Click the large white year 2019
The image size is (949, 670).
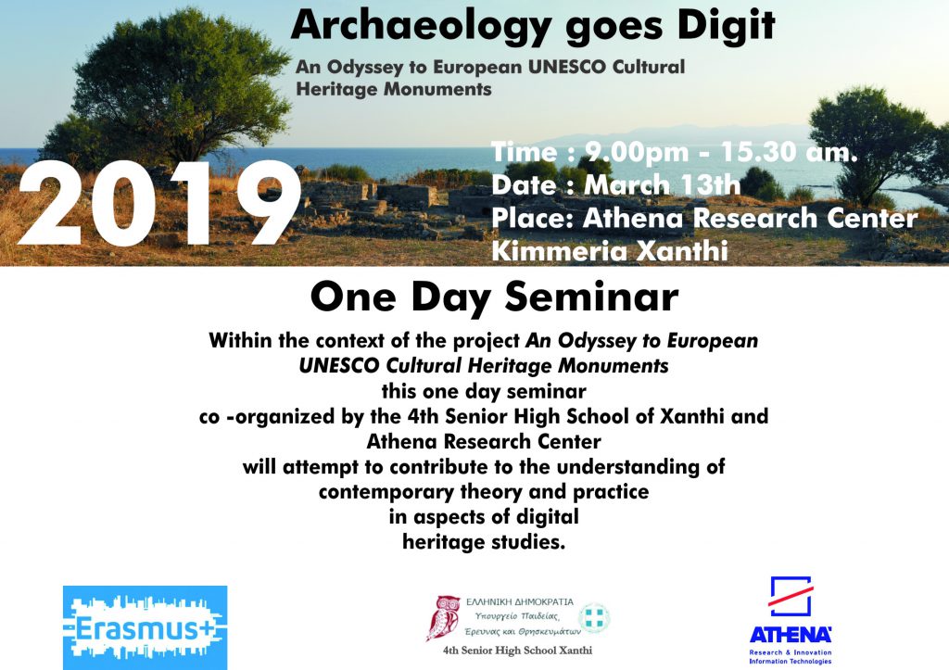pos(159,204)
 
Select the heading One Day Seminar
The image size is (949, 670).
pos(494,297)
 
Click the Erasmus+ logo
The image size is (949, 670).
pos(145,627)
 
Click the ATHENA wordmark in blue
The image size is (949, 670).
pos(791,635)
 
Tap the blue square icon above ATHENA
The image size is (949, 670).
pos(791,596)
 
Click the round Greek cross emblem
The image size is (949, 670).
pos(594,618)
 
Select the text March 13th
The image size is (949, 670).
pos(662,184)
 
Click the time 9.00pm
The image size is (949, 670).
pos(637,152)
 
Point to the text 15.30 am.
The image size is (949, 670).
pos(790,152)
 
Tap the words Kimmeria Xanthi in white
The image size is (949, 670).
pos(610,251)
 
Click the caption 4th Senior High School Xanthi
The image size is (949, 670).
pos(517,651)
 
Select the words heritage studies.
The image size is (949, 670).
pos(484,542)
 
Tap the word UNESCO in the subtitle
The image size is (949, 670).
pos(567,67)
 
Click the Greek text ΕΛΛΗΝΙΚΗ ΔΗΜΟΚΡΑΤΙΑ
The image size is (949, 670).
pos(519,602)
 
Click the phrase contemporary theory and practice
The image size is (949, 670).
pos(484,491)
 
